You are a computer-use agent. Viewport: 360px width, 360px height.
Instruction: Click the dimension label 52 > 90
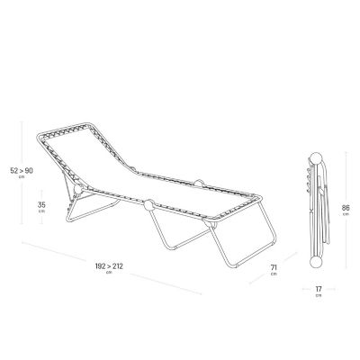(x=22, y=171)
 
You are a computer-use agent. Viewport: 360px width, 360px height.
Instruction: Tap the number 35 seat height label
(x=41, y=205)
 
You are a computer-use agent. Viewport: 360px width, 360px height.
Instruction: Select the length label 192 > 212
(x=109, y=266)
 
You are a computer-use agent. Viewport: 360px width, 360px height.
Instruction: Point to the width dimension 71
(x=274, y=267)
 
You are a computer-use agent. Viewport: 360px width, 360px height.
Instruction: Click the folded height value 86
(x=346, y=207)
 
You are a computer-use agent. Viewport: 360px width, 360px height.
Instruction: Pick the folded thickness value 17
(x=319, y=289)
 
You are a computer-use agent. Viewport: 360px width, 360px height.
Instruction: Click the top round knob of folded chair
(x=316, y=158)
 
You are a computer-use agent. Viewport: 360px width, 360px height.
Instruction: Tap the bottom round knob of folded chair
(x=315, y=262)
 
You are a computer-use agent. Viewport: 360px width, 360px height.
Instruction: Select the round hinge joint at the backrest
(x=78, y=190)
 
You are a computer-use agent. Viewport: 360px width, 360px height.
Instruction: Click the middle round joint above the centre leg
(x=148, y=205)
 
